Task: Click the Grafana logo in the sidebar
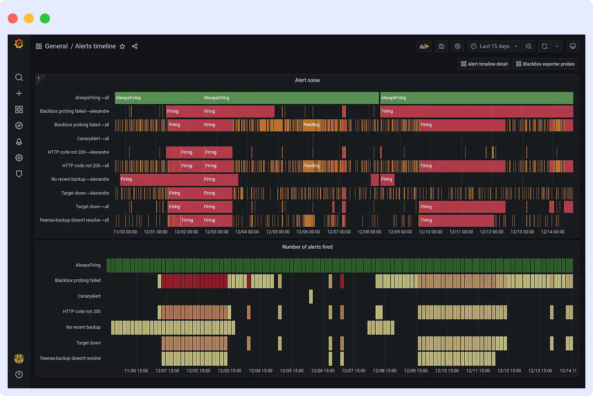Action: [19, 44]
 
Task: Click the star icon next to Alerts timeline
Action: [122, 46]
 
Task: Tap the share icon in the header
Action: [135, 46]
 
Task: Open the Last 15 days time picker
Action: [494, 46]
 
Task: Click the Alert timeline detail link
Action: [484, 64]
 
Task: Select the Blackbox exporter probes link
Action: [545, 64]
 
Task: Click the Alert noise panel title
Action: [307, 80]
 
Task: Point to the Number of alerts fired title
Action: [307, 247]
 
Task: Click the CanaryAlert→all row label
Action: [93, 139]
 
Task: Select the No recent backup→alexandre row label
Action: [80, 179]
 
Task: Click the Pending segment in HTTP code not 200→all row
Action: [311, 166]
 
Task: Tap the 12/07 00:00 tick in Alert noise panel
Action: [339, 232]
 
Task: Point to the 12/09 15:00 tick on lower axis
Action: [416, 371]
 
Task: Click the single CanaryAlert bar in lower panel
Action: [311, 297]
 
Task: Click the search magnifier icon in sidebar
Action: [19, 78]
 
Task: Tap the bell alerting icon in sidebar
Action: [19, 142]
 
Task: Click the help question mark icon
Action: [19, 375]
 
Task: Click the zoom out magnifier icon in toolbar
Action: [528, 46]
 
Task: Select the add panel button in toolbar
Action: [424, 46]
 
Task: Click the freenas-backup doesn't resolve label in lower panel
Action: [70, 358]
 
